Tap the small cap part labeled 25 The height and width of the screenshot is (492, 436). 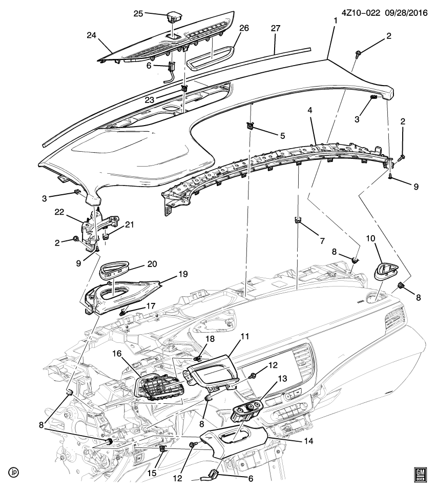point(174,18)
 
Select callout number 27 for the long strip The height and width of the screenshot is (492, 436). point(275,29)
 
